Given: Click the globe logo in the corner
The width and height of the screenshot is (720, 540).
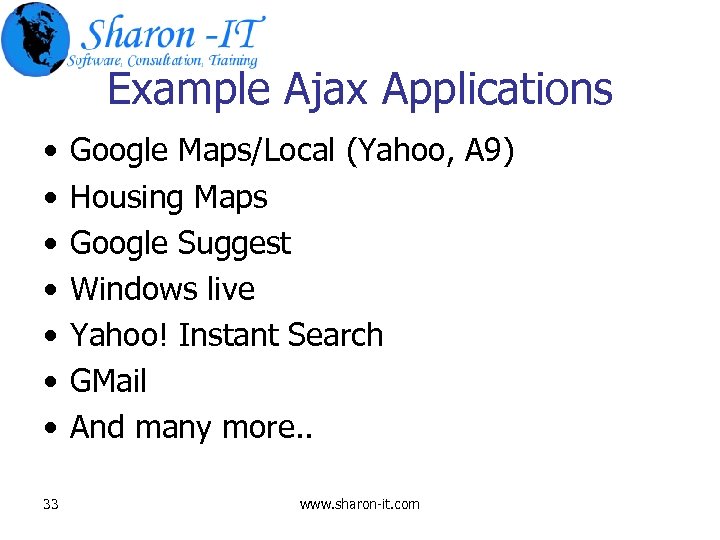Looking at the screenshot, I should coord(36,38).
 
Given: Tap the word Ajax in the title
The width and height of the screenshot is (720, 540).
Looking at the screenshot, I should coord(326,89).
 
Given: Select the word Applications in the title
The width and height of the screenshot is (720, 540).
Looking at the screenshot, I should coord(497,90).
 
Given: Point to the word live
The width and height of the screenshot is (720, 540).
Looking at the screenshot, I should coord(231,289).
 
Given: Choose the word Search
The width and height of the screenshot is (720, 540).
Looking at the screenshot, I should coord(334,335).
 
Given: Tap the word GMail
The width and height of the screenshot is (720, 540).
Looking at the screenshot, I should coord(108,381).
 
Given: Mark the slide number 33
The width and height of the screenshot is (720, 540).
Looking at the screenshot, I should coord(51,504).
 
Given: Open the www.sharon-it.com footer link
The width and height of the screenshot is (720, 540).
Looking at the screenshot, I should coord(360,504).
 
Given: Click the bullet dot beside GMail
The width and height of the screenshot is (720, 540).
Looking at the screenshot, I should coord(49,382).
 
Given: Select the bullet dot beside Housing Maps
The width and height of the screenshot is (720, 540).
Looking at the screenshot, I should coord(49,198).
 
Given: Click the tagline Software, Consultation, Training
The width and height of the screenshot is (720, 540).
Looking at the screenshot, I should coord(163,60).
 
